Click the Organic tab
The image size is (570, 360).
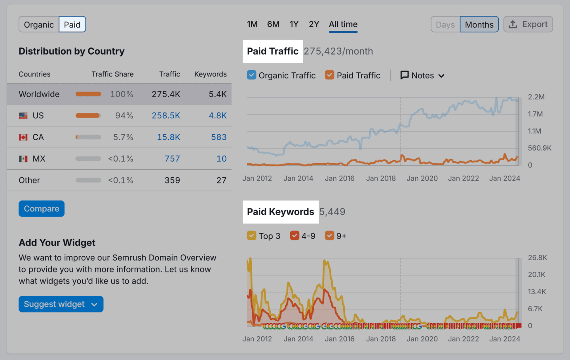point(39,25)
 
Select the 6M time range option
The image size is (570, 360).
point(273,24)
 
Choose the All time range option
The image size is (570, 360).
point(343,24)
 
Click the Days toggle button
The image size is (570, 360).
point(445,25)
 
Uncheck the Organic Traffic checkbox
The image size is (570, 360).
point(251,75)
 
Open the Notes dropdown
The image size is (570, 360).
point(422,75)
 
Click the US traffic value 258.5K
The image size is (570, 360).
point(166,116)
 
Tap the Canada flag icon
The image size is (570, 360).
point(23,137)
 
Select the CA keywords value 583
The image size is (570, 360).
point(218,137)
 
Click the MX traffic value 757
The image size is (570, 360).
point(172,159)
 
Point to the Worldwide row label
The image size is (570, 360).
point(39,94)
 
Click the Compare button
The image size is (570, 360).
point(42,209)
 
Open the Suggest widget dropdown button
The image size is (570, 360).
point(61,304)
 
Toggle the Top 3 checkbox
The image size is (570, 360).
point(251,236)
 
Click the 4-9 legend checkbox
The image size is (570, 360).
point(294,236)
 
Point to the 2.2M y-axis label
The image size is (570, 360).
point(536,97)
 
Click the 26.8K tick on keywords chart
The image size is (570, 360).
point(537,258)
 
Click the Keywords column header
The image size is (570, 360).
point(210,74)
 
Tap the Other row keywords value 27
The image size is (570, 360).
point(221,181)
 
